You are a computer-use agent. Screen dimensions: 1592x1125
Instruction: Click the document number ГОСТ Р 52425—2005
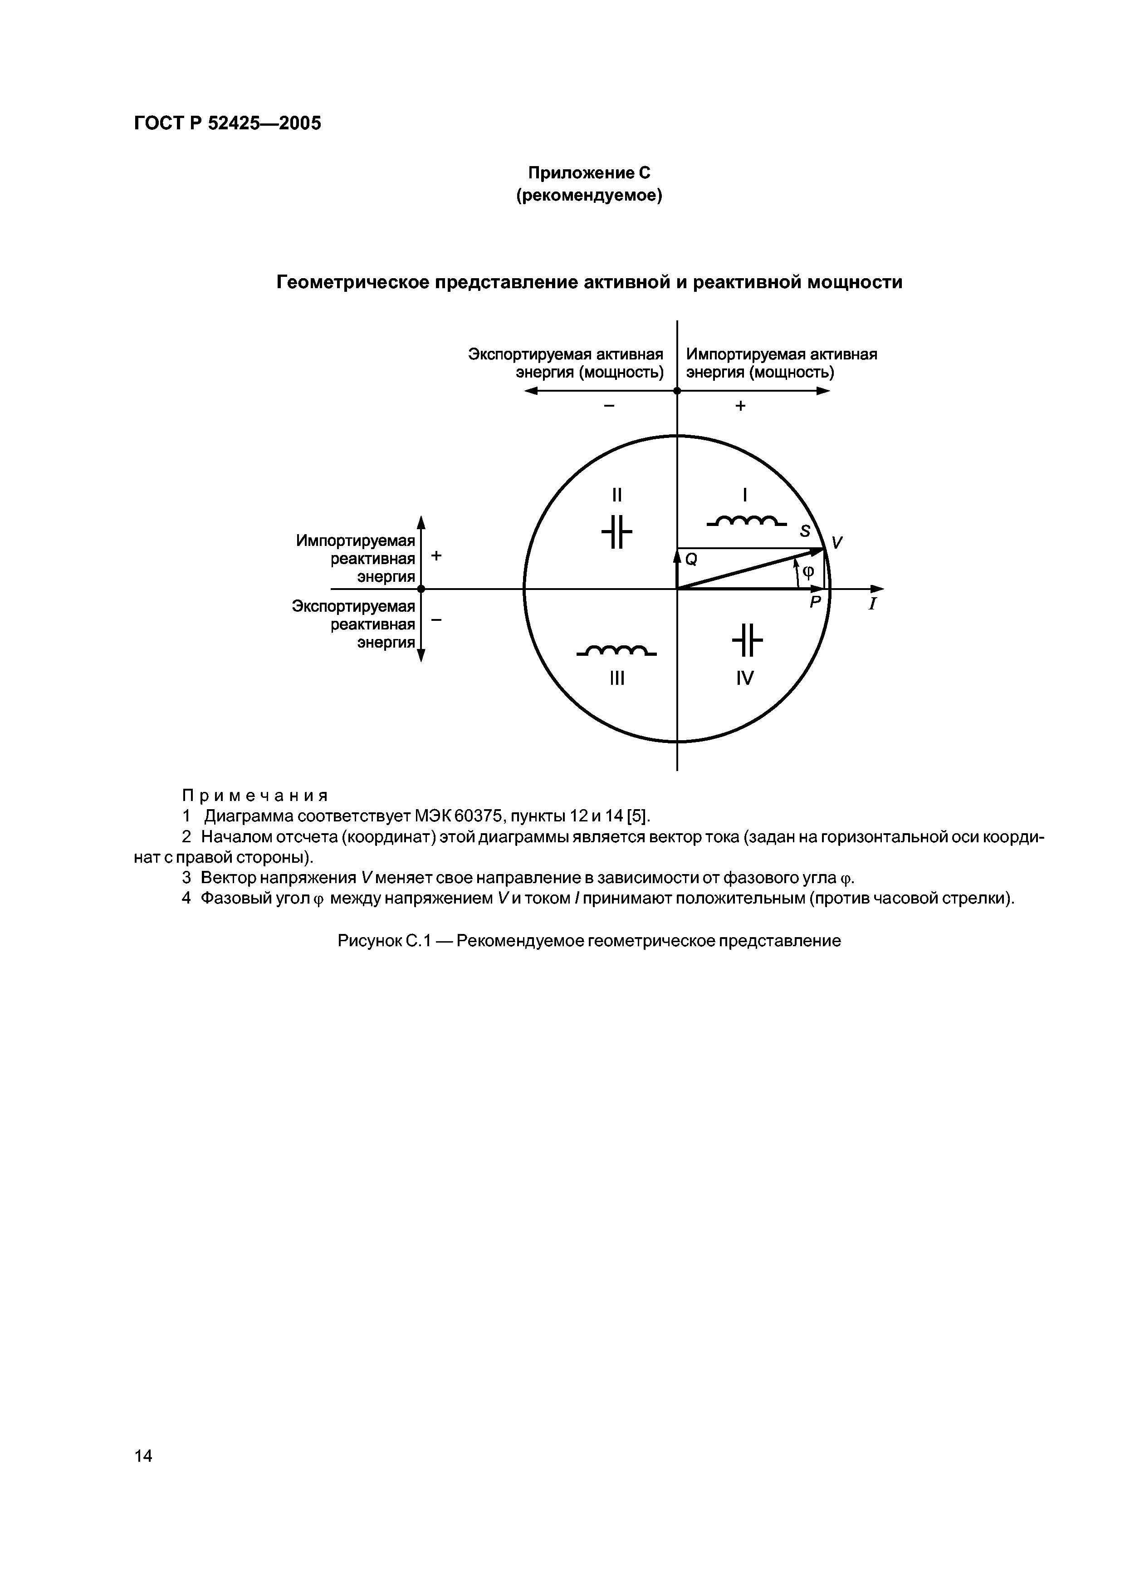click(227, 123)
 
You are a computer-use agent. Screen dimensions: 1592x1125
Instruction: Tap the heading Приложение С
click(589, 172)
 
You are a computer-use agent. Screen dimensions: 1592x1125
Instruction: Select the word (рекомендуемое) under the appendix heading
click(589, 196)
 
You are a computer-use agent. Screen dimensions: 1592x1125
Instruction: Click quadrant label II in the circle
click(617, 495)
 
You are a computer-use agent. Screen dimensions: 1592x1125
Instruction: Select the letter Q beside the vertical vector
click(691, 558)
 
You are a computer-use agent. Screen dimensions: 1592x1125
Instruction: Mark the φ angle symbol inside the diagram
click(807, 572)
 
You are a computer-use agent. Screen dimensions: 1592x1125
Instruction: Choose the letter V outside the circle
click(837, 543)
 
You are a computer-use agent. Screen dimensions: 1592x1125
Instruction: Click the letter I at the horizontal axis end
click(873, 604)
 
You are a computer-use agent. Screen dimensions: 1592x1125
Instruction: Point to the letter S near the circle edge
click(805, 531)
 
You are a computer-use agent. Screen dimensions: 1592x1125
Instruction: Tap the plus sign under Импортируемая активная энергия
click(740, 406)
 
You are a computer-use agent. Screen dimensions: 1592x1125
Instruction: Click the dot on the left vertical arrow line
click(421, 589)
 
